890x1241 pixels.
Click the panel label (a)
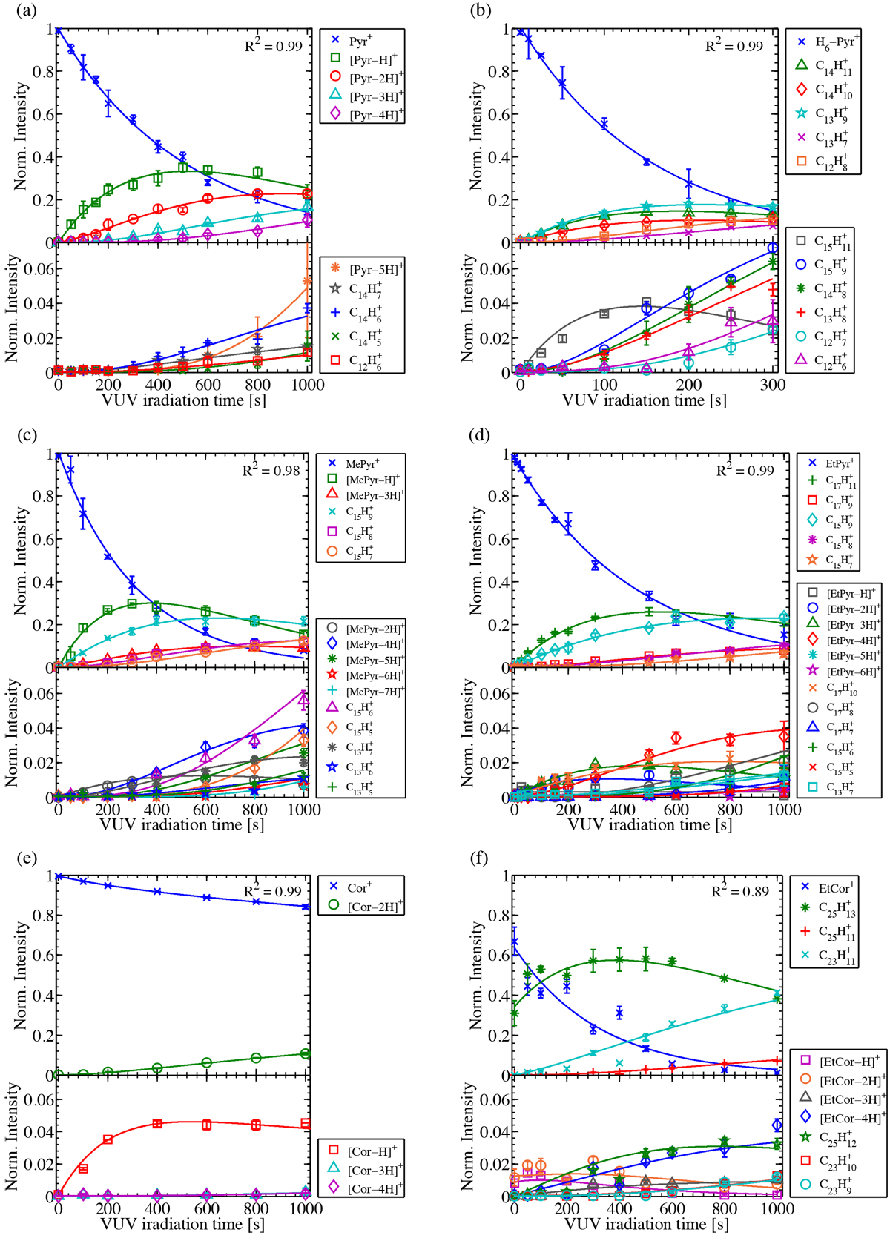[x=23, y=10]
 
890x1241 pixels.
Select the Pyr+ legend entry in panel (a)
[x=360, y=42]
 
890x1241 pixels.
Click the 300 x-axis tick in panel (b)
[x=773, y=385]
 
